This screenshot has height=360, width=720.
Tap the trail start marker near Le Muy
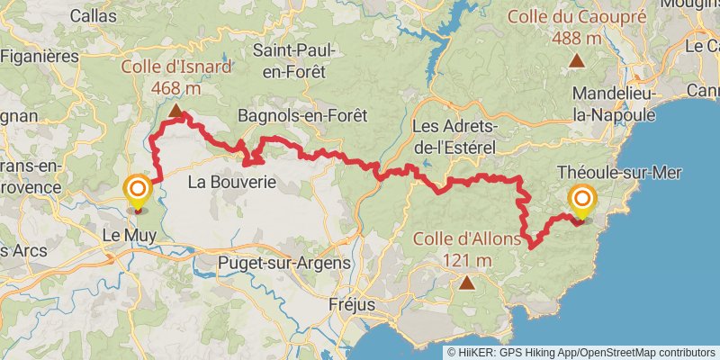click(138, 189)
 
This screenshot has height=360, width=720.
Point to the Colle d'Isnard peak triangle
click(176, 112)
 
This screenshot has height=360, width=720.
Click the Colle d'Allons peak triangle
click(467, 283)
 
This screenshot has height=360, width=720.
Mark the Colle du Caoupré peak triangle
click(575, 61)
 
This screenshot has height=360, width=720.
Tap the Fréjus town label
click(352, 304)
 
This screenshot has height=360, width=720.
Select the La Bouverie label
click(230, 183)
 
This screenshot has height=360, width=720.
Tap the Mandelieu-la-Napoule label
click(618, 103)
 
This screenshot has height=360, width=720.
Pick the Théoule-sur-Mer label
click(619, 173)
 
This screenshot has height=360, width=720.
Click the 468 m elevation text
click(176, 88)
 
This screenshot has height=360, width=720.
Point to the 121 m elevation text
click(467, 260)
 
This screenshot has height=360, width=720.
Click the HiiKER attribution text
click(581, 352)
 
